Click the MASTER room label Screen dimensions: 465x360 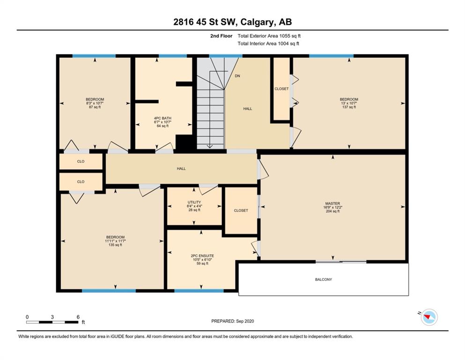(x=332, y=203)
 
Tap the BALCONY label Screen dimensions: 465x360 (x=324, y=279)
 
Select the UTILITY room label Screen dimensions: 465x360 (x=194, y=202)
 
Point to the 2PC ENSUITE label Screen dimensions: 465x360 (x=202, y=256)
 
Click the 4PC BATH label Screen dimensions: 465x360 (x=162, y=118)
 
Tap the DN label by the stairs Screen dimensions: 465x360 (x=237, y=76)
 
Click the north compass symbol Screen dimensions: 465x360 (x=429, y=317)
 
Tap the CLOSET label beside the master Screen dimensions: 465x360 (x=241, y=210)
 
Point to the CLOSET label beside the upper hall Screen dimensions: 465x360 (x=281, y=89)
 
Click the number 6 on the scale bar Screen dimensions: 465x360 (x=78, y=317)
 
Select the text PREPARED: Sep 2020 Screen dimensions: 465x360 (x=232, y=321)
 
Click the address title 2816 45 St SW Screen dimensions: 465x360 (x=205, y=22)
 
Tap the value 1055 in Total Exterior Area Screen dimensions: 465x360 (x=284, y=36)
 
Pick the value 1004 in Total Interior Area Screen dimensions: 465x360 (x=283, y=44)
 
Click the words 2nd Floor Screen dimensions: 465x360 (x=221, y=36)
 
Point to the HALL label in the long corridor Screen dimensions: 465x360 (x=181, y=169)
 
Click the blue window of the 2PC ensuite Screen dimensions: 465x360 (x=199, y=291)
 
